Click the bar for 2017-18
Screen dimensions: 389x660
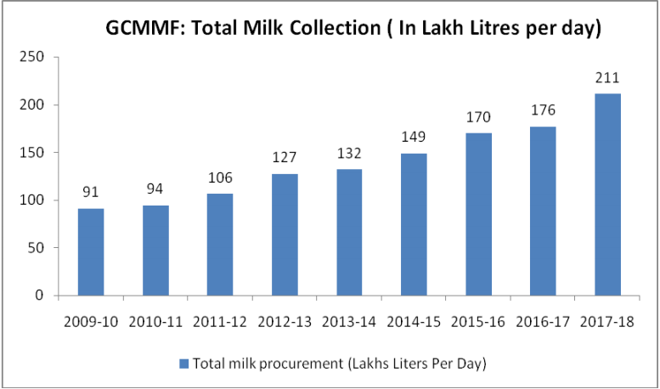point(607,194)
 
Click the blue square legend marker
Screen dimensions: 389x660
point(183,364)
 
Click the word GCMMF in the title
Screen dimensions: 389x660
point(139,28)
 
